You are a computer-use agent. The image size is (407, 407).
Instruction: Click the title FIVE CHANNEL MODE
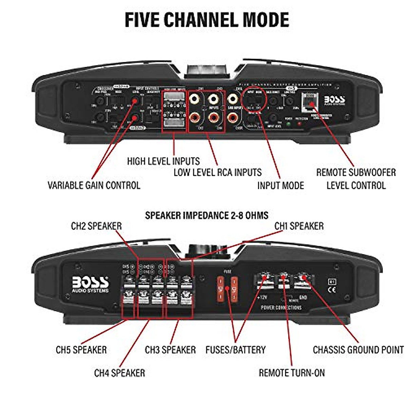click(207, 20)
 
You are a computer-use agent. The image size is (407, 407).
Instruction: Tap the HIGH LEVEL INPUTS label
click(163, 161)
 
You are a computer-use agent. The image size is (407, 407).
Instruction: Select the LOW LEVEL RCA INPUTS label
click(217, 172)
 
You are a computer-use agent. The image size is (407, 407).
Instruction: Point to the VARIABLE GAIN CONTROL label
click(94, 185)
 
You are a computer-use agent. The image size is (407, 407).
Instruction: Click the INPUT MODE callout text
click(280, 185)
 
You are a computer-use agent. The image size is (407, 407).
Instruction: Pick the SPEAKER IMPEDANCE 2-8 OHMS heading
click(207, 215)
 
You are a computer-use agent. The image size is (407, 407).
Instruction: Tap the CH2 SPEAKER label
click(96, 226)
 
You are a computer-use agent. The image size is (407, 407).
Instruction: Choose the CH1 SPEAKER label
click(299, 226)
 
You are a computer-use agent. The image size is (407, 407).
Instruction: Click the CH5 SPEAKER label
click(81, 350)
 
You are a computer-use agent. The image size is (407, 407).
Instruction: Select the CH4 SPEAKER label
click(119, 373)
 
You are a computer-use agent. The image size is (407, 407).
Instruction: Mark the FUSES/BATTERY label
click(235, 350)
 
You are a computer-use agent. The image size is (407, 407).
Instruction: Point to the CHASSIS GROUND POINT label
click(358, 350)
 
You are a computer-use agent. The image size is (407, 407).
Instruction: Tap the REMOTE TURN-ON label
click(292, 373)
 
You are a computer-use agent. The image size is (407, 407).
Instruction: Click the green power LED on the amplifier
click(289, 124)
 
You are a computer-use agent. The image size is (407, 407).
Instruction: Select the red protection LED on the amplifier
click(299, 124)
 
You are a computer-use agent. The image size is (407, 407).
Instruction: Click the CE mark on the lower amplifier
click(332, 290)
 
